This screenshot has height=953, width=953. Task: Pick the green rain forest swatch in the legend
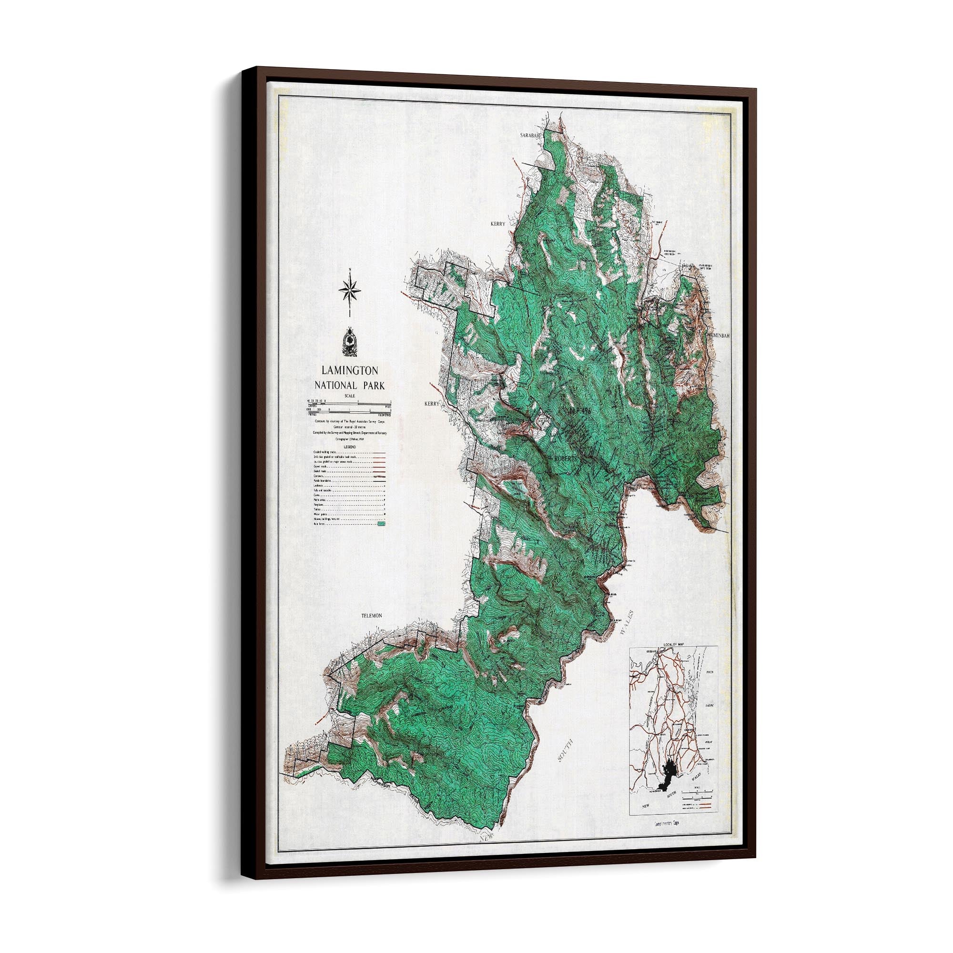pos(380,525)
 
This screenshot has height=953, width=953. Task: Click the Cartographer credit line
pos(349,438)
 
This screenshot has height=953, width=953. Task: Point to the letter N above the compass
pos(349,269)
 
